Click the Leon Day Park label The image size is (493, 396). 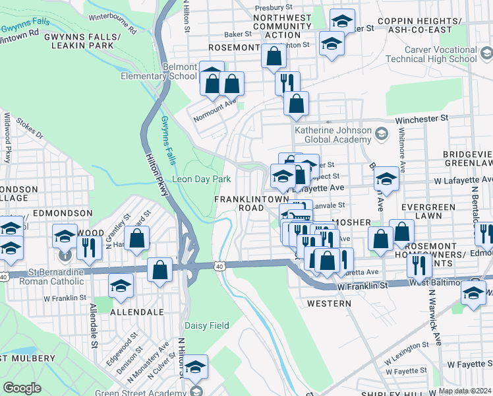pyautogui.click(x=201, y=179)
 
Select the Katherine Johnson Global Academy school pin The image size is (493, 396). pyautogui.click(x=381, y=135)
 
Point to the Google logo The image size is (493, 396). pyautogui.click(x=22, y=388)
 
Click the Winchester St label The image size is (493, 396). pyautogui.click(x=422, y=119)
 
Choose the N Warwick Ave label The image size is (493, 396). pyautogui.click(x=434, y=317)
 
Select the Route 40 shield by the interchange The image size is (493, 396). pyautogui.click(x=219, y=265)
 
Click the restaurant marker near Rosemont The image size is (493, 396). pyautogui.click(x=287, y=83)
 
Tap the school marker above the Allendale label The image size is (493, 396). pyautogui.click(x=121, y=284)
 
